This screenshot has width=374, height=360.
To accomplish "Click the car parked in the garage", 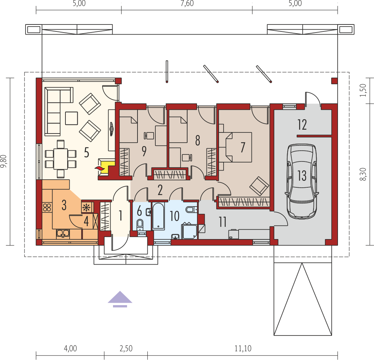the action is [x=302, y=181].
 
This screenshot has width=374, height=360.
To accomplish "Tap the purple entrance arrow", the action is [x=120, y=299].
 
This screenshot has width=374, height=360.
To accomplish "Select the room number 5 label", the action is [x=86, y=152].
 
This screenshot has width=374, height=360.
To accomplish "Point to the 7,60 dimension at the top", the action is [x=187, y=3].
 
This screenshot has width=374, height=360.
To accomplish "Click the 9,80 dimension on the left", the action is [x=3, y=161].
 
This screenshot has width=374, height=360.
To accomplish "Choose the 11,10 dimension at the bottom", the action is [x=243, y=348].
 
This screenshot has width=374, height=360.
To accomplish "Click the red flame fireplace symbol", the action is [x=100, y=168].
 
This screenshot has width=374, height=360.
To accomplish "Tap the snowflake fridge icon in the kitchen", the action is [x=86, y=207].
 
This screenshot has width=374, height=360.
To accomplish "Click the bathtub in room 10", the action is [x=158, y=216].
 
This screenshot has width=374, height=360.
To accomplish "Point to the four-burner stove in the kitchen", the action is [x=47, y=207].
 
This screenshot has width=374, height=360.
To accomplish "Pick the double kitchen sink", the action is [x=63, y=234].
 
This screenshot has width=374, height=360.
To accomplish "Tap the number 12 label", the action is [x=302, y=125].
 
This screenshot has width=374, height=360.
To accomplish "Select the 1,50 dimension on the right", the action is [x=363, y=90].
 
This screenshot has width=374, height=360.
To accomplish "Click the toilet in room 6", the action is [x=140, y=225].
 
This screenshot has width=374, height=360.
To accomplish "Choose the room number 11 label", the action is [x=223, y=222].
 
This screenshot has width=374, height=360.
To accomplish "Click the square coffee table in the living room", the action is [x=71, y=118].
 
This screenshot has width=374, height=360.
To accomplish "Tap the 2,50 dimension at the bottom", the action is [x=126, y=348].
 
